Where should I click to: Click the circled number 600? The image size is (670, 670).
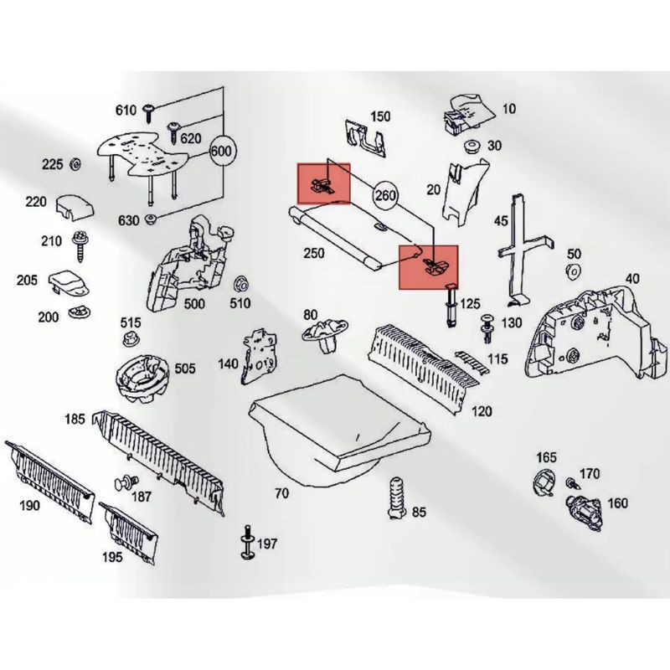221,151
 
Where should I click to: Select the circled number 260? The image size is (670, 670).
385,195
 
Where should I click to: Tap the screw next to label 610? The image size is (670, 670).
150,112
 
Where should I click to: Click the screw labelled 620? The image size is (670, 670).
174,131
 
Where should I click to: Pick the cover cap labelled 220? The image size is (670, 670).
75,207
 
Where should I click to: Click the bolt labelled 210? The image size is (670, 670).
79,245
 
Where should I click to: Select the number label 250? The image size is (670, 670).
313,253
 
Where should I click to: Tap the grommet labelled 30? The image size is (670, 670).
472,146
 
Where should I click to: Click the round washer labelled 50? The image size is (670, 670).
574,271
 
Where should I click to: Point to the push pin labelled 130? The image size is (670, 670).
487,327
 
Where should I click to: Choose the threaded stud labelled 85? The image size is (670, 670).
396,498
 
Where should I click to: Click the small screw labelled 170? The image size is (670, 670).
572,483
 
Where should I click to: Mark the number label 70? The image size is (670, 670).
281,493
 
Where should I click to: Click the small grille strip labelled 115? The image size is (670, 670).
471,362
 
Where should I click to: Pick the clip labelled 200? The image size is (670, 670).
80,312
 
